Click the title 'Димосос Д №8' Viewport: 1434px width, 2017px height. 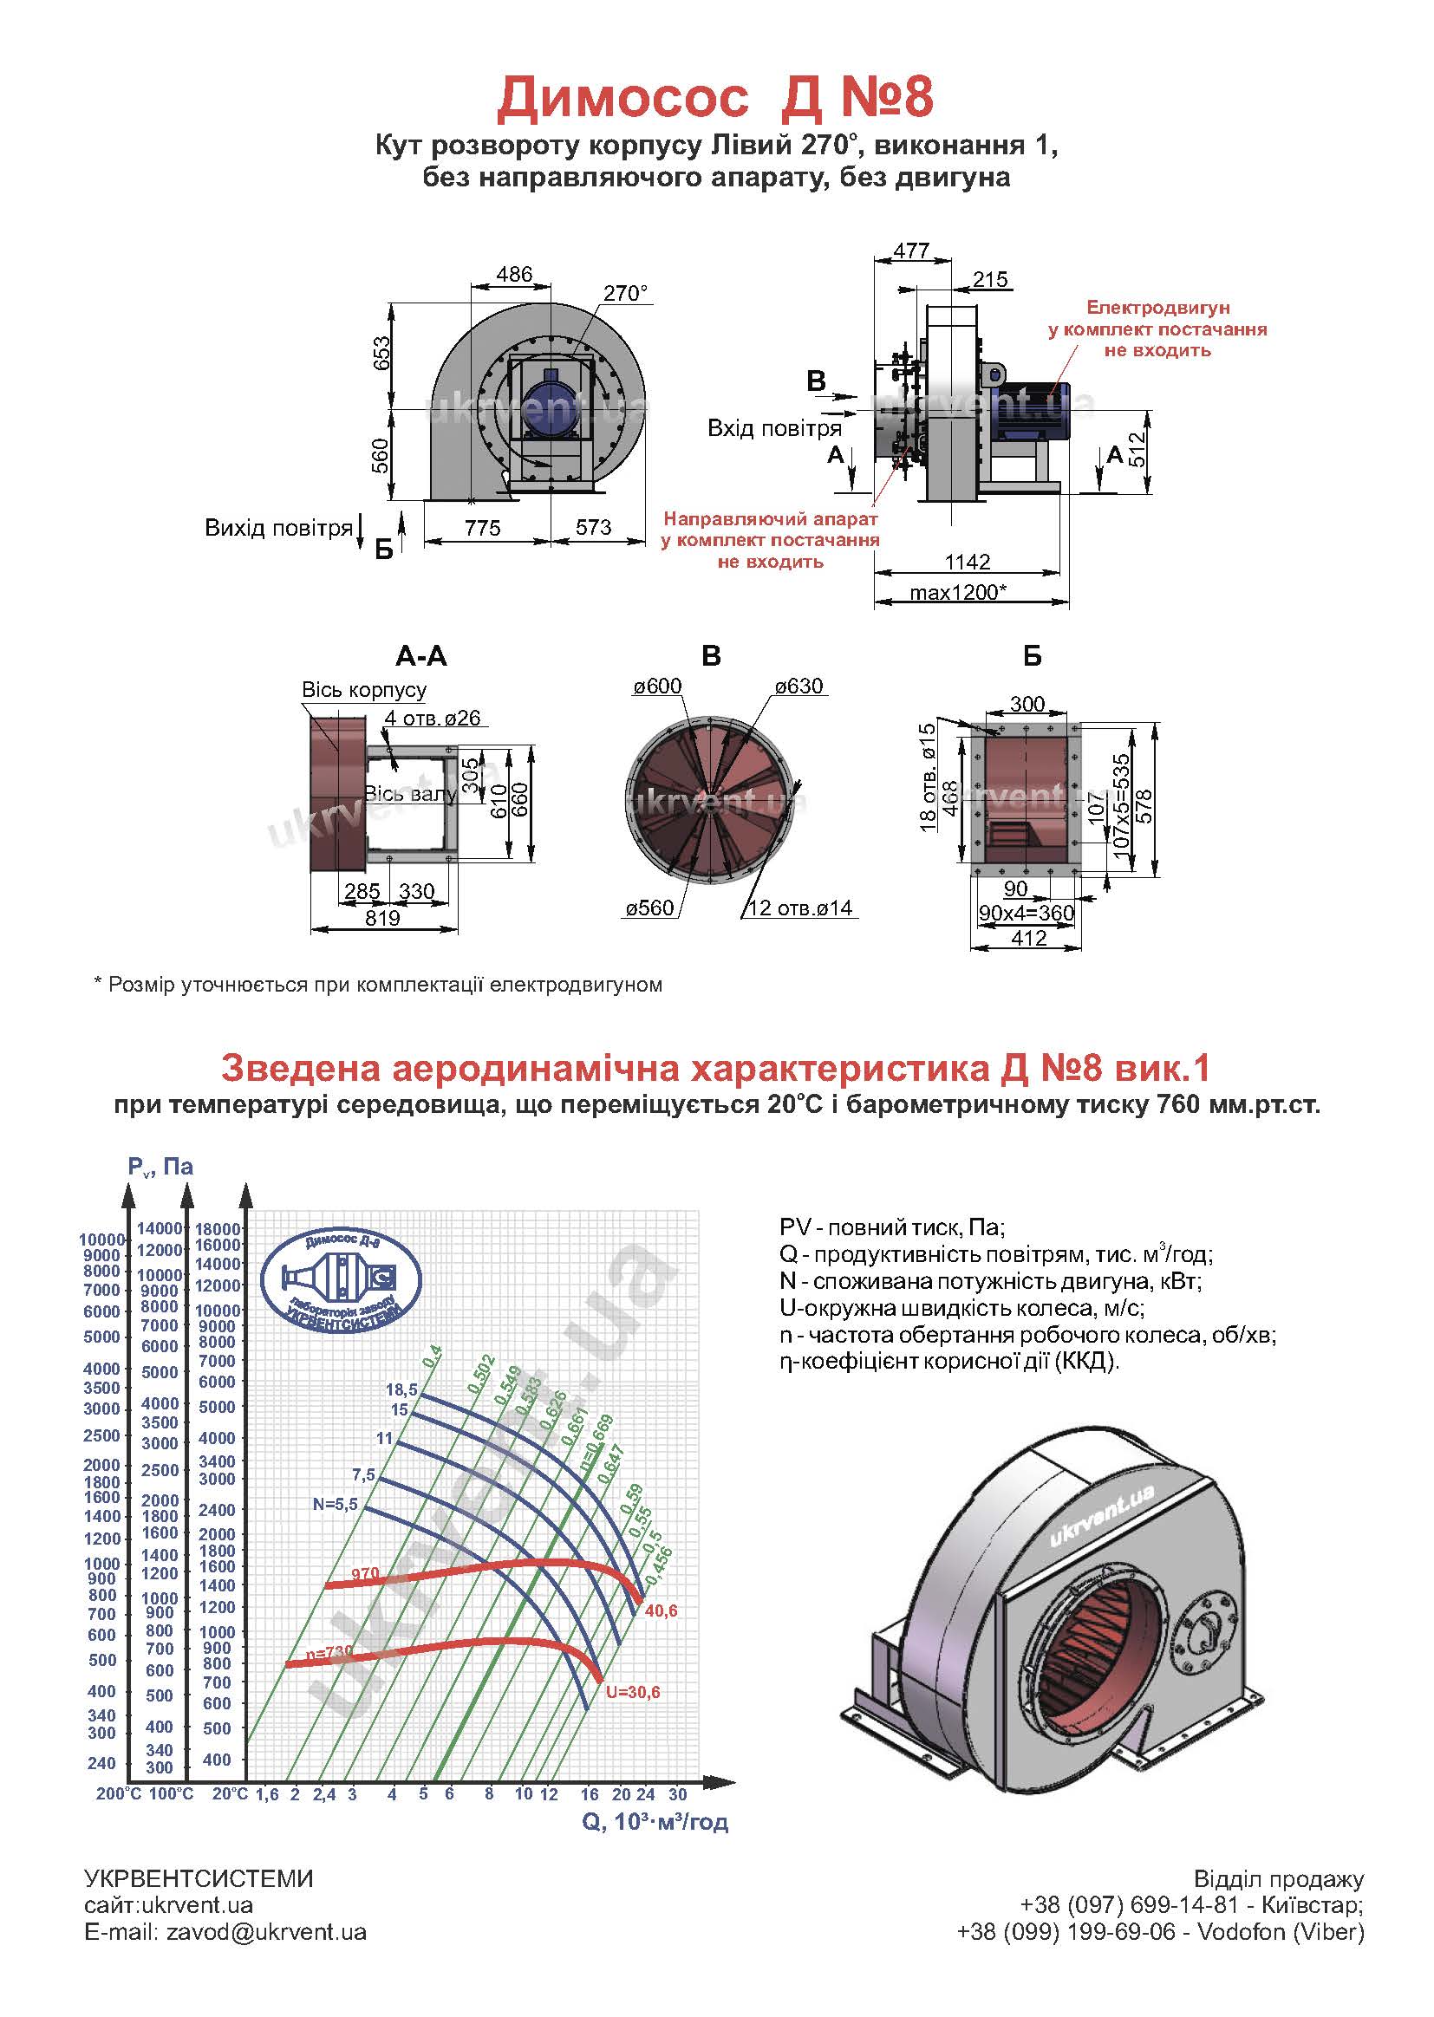pyautogui.click(x=715, y=97)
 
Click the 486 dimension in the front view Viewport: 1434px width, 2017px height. pyautogui.click(x=514, y=275)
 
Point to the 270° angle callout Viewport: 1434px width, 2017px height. pyautogui.click(x=625, y=293)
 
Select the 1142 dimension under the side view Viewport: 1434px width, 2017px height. pyautogui.click(x=968, y=562)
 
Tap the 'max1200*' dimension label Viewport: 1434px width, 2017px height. pyautogui.click(x=958, y=591)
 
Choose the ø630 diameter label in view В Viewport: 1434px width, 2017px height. pyautogui.click(x=799, y=686)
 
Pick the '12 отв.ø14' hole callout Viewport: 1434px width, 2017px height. pyautogui.click(x=801, y=908)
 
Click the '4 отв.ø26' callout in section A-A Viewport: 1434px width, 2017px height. pyautogui.click(x=433, y=719)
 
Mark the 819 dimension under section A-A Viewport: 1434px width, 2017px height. pyautogui.click(x=382, y=918)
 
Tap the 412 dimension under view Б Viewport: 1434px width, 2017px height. pyautogui.click(x=1030, y=939)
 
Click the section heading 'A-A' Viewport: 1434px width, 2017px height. pyautogui.click(x=421, y=656)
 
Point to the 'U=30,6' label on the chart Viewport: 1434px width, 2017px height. pyautogui.click(x=632, y=1692)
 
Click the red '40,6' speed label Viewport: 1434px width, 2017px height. pyautogui.click(x=662, y=1611)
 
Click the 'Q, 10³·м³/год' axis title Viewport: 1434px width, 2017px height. pyautogui.click(x=655, y=1821)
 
